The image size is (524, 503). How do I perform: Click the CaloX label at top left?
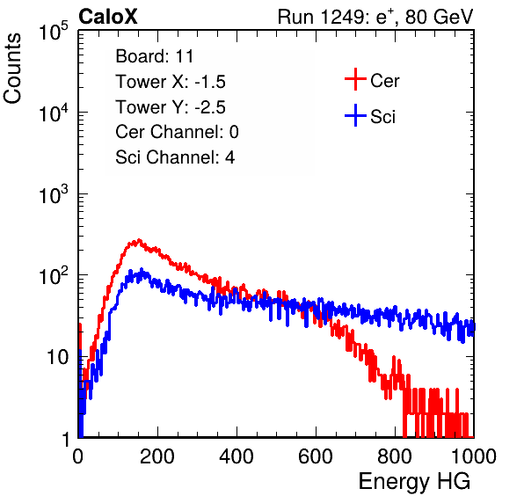coord(108,17)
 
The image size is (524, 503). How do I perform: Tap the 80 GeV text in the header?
coord(440,17)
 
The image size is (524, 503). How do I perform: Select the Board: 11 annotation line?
coord(155,56)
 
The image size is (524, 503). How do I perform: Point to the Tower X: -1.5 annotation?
coord(171,82)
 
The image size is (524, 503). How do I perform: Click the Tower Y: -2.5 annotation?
coord(171,107)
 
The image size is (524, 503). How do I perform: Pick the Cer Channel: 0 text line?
coord(177,132)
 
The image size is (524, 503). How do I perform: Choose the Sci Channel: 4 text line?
coord(175,157)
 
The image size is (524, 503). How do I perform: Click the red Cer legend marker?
coord(355,79)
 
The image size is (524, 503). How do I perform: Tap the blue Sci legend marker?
coord(355,115)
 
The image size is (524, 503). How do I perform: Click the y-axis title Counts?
coord(12,69)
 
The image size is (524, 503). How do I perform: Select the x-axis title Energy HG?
coord(414,482)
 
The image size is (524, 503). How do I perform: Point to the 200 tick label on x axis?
coord(157,456)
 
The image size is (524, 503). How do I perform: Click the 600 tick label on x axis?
coord(316,456)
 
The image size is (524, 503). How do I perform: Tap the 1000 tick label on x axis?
coord(474,456)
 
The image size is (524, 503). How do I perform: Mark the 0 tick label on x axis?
coord(78,456)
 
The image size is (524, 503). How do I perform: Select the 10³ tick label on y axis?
coord(54,194)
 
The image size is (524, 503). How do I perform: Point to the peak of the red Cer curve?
coord(139,240)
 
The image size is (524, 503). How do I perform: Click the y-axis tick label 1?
coord(65,439)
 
